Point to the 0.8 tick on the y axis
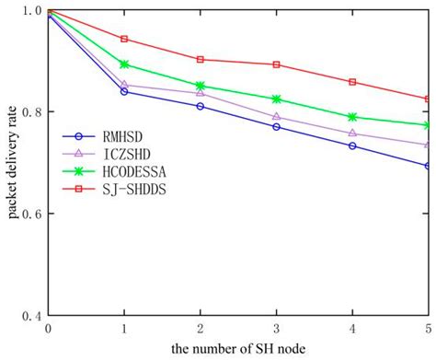[x=30, y=112]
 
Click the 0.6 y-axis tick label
[x=30, y=214]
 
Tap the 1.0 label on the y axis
[x=30, y=11]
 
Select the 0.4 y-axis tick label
[x=30, y=315]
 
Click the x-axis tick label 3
[x=277, y=328]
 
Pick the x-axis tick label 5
[x=428, y=328]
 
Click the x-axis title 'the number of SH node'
[x=237, y=348]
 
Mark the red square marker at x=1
[x=124, y=40]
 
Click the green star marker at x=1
[x=124, y=64]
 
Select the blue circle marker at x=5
[x=428, y=166]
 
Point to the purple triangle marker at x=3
[x=277, y=117]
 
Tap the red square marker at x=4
[x=352, y=82]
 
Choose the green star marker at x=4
[x=352, y=117]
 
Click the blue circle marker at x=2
[x=201, y=106]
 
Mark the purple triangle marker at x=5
[x=428, y=145]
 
